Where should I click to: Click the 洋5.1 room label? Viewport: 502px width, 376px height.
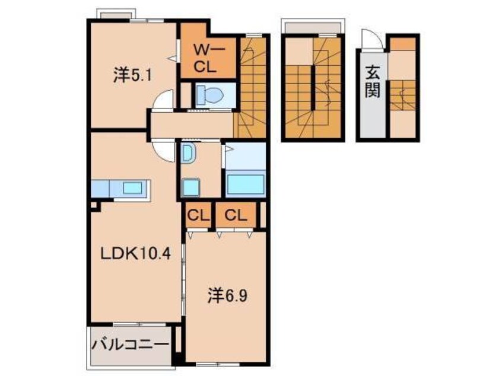click(x=126, y=75)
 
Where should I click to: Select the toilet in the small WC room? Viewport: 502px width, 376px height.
click(x=208, y=94)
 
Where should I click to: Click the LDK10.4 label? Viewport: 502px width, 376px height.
click(x=135, y=254)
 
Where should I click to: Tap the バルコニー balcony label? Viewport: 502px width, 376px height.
click(x=131, y=344)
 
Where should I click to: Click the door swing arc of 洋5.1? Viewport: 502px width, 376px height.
click(x=163, y=100)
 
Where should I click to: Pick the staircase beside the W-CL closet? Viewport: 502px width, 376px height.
click(x=252, y=89)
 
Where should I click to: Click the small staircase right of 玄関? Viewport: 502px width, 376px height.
click(x=403, y=95)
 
